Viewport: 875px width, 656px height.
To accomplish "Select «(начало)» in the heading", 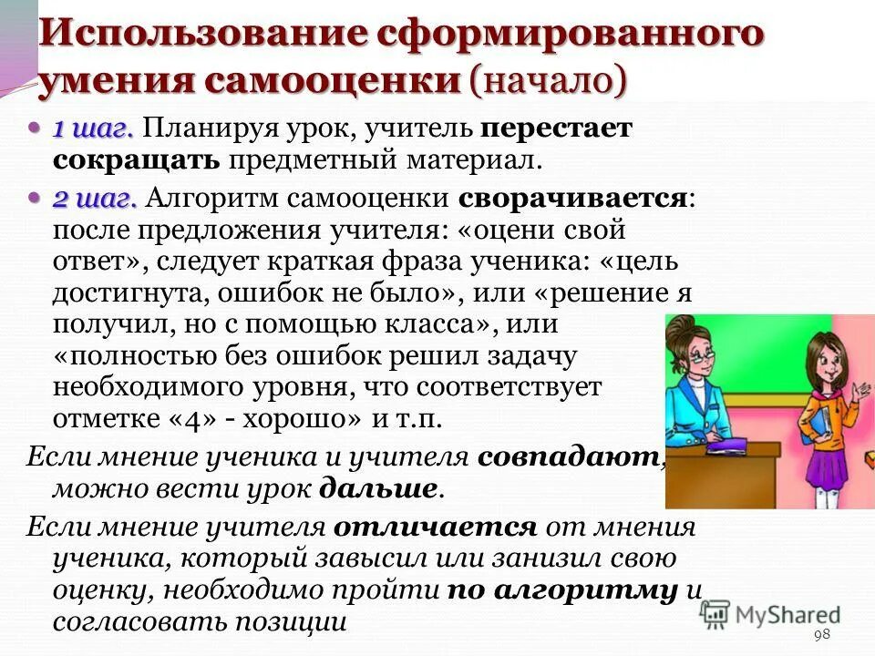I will (x=548, y=79).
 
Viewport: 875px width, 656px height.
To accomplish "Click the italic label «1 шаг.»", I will (x=94, y=129).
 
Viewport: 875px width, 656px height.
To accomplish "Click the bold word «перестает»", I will (x=557, y=128).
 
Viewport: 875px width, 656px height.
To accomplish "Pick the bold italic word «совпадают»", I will (x=570, y=456).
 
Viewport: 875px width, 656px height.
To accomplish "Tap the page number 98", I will (x=822, y=634).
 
